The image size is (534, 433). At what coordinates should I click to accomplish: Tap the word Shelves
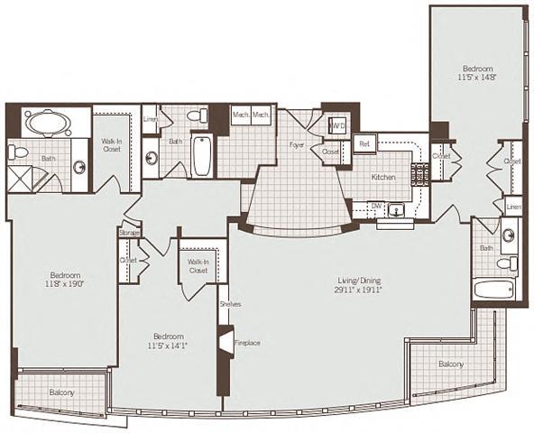[x=229, y=304]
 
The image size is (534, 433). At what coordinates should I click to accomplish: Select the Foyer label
[x=295, y=144]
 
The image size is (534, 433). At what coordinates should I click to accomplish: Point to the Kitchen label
[x=384, y=178]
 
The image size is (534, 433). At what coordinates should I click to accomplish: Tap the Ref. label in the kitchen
[x=364, y=143]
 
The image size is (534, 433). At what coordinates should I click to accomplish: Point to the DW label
[x=376, y=206]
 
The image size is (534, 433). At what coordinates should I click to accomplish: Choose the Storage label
[x=129, y=232]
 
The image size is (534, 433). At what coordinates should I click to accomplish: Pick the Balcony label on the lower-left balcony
[x=61, y=393]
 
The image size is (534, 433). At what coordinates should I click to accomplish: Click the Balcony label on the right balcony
[x=450, y=364]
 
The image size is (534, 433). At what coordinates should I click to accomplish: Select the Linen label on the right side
[x=512, y=207]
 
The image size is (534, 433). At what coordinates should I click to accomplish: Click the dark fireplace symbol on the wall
[x=222, y=344]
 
